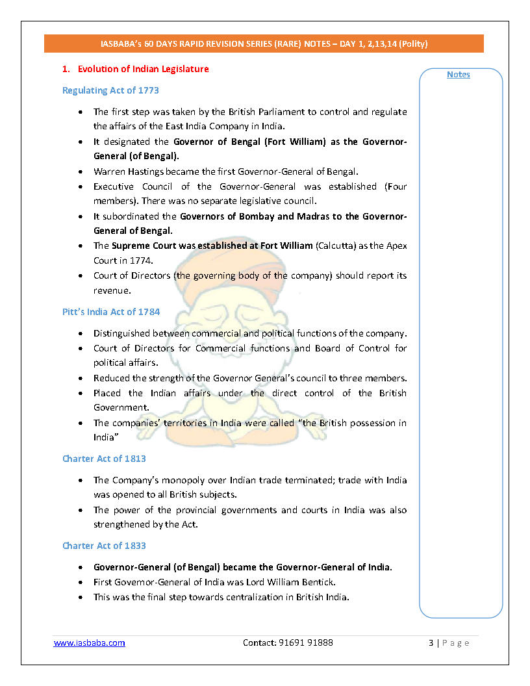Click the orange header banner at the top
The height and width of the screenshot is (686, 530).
(264, 44)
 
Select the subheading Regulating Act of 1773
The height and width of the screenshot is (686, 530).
(110, 90)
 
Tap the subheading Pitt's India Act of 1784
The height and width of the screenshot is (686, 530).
(111, 312)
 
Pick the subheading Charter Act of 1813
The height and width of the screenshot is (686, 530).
(104, 459)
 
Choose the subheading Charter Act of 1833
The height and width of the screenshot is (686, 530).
(104, 546)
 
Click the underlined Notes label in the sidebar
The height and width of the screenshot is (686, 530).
(459, 75)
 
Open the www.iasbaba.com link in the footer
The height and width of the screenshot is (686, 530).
(89, 642)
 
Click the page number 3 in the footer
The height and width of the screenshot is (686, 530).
(431, 642)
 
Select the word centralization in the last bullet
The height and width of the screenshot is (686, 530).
(251, 597)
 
